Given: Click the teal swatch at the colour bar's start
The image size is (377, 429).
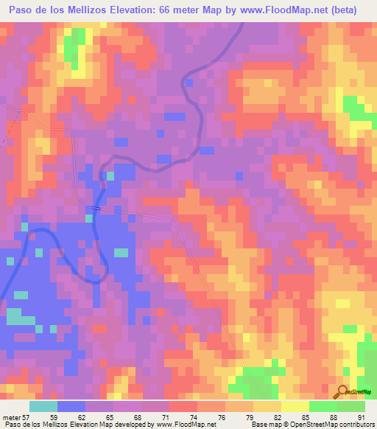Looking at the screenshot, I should click(43, 406).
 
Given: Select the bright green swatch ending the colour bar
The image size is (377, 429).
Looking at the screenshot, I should click(351, 406).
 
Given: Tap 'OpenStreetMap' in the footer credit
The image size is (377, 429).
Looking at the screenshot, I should click(308, 425).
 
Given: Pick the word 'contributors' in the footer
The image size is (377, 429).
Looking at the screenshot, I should click(354, 425).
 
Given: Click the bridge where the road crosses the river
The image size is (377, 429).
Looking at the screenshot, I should click(97, 209).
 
